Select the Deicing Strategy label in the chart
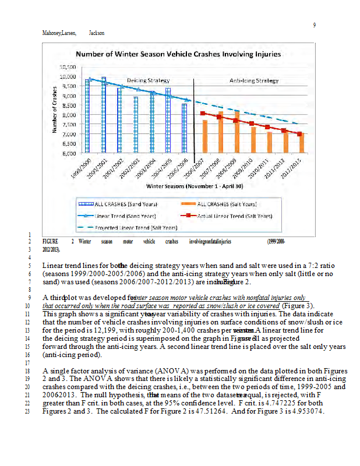coord(149,80)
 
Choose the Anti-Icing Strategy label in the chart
coord(254,80)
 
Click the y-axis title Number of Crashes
coord(55,110)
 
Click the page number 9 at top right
coord(314,24)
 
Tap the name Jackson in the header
coord(97,33)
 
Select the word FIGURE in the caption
coord(51,241)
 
